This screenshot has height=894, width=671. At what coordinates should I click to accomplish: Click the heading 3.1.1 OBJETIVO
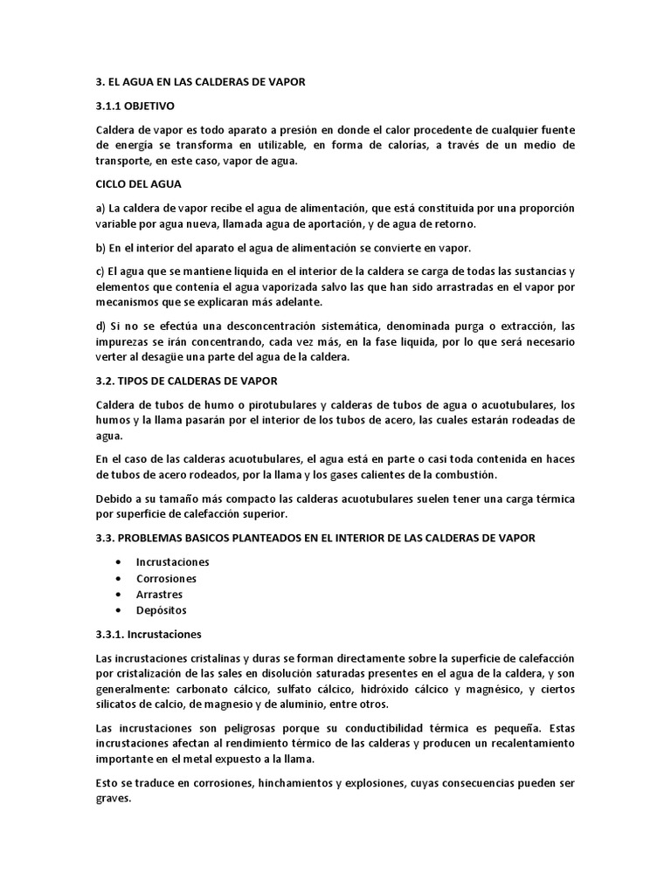(135, 107)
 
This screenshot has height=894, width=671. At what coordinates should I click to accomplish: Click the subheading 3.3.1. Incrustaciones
(149, 633)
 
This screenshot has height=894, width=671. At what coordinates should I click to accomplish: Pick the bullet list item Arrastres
(159, 594)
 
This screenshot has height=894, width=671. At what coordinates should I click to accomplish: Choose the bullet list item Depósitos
(161, 609)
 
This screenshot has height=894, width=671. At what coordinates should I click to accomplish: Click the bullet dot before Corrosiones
(118, 578)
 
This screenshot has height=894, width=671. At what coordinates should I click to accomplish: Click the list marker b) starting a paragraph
(101, 248)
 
